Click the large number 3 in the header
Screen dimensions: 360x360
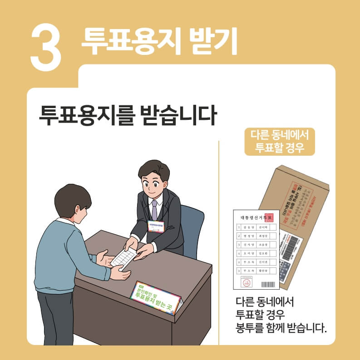click(46, 46)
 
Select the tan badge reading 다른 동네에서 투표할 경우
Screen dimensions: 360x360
click(279, 141)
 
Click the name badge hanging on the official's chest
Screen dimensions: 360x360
click(155, 226)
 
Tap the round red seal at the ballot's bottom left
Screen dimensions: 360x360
click(247, 284)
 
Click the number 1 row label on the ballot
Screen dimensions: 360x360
click(239, 226)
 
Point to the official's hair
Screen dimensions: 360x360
click(154, 170)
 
